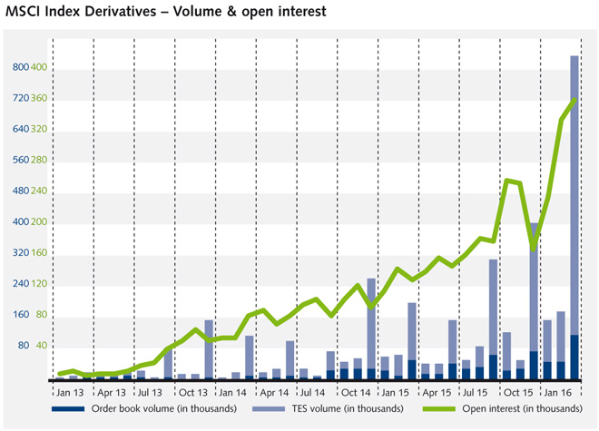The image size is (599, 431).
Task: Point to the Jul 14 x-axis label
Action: coord(313,393)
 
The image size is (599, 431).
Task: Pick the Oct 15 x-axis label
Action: coord(517,393)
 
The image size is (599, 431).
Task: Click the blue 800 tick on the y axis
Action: coord(20,67)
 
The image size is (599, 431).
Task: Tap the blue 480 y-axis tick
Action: coord(20,191)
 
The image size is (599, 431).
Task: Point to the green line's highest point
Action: coord(574,100)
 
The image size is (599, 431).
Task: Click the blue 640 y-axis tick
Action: coord(20,129)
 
